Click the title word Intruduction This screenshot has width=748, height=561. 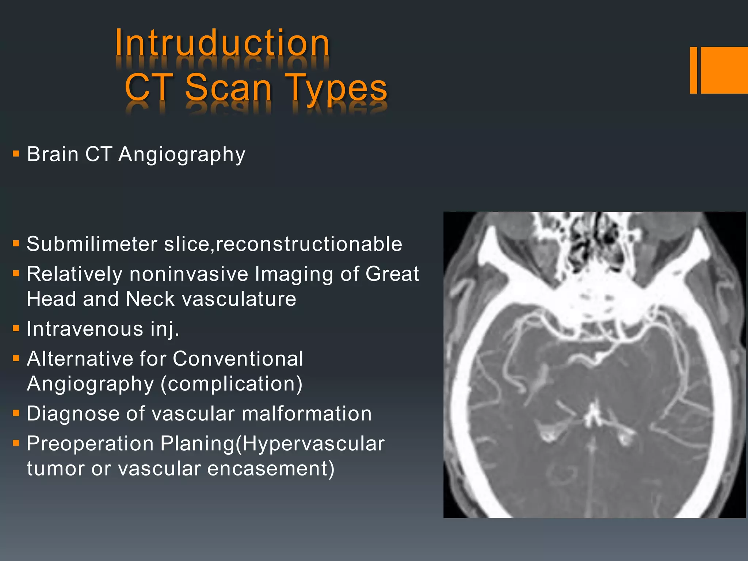point(222,43)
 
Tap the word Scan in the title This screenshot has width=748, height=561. point(228,88)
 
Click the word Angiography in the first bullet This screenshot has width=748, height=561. point(182,154)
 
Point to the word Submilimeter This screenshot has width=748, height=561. point(92,244)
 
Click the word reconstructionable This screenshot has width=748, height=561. point(309,244)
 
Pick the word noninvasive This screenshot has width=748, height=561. point(188,274)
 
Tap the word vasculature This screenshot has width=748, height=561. point(239,299)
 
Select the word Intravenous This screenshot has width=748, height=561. point(85,329)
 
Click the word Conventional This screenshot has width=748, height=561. point(238,359)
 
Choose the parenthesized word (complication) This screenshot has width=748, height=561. point(232,384)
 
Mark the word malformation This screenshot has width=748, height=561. point(306,414)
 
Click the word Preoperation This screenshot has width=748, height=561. point(90,444)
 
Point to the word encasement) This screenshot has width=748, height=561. point(271,469)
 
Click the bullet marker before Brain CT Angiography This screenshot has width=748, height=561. point(16,153)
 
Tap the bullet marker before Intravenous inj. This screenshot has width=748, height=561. point(16,328)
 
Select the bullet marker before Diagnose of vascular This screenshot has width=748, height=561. point(16,413)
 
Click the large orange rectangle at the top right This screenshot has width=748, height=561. point(724,70)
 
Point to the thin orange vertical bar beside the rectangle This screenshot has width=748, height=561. point(693,70)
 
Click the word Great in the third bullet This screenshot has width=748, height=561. point(392,274)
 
